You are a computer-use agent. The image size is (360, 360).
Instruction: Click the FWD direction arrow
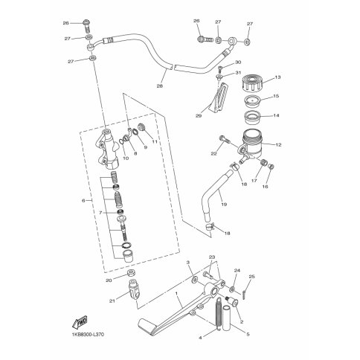(x=80, y=322)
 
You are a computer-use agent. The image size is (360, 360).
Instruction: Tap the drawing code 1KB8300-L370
(x=85, y=335)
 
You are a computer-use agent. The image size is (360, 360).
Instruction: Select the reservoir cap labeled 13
(x=252, y=84)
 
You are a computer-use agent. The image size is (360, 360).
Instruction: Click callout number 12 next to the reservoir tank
(x=278, y=145)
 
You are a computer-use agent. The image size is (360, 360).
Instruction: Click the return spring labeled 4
(x=218, y=314)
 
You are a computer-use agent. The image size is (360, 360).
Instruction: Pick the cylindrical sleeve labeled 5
(x=227, y=318)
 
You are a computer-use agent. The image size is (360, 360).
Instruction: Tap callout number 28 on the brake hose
(x=159, y=86)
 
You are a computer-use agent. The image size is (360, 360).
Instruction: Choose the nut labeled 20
(x=131, y=273)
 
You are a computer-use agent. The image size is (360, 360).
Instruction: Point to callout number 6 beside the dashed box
(x=83, y=200)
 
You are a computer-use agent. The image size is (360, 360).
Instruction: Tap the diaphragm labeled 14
(x=252, y=118)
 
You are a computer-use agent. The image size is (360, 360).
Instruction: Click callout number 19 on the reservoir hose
(x=224, y=205)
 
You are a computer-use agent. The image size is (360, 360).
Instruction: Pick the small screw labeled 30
(x=219, y=68)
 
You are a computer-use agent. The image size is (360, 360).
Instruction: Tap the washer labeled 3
(x=195, y=280)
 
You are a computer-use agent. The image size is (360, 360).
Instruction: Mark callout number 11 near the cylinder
(x=155, y=142)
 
